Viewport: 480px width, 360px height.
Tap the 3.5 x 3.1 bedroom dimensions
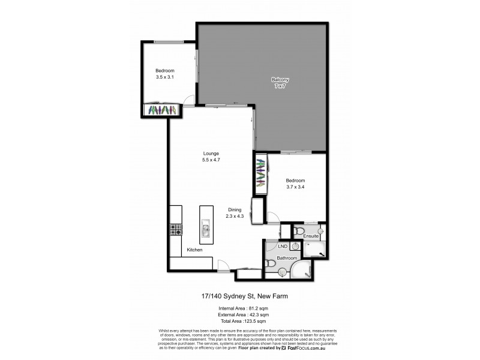(x=164, y=77)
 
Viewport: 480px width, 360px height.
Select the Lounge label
(x=210, y=152)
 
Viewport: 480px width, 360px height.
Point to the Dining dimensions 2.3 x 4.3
(x=235, y=216)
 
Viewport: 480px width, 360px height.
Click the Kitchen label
(x=194, y=250)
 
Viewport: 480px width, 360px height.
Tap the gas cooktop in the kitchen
(x=176, y=229)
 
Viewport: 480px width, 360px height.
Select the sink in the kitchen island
(x=205, y=227)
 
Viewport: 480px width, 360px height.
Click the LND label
(x=282, y=246)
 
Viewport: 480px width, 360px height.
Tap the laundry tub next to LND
(x=295, y=245)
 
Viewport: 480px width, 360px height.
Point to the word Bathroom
(x=287, y=258)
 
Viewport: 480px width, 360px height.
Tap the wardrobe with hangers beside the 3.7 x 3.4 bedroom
(x=260, y=174)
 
